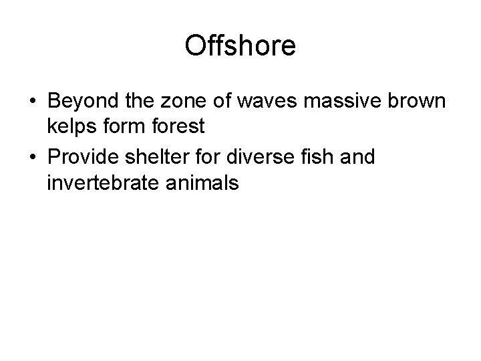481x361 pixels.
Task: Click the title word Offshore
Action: click(x=240, y=46)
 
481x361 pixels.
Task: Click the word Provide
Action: click(x=87, y=158)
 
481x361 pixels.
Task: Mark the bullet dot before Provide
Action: click(x=33, y=158)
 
